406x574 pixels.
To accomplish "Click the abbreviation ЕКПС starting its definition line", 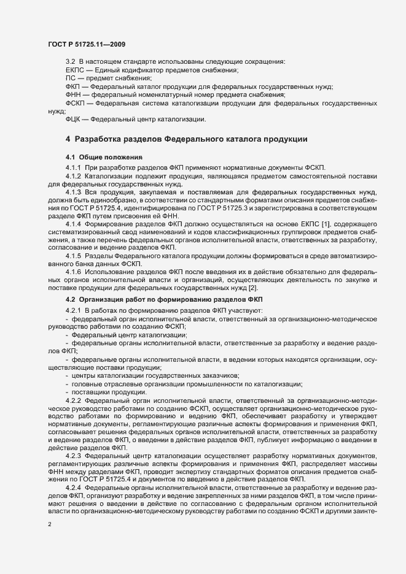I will point(75,71).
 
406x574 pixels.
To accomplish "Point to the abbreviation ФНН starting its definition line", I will point(74,94).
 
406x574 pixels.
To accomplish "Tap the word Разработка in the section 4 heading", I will point(103,140).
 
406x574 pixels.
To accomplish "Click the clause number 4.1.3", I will point(74,193).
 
